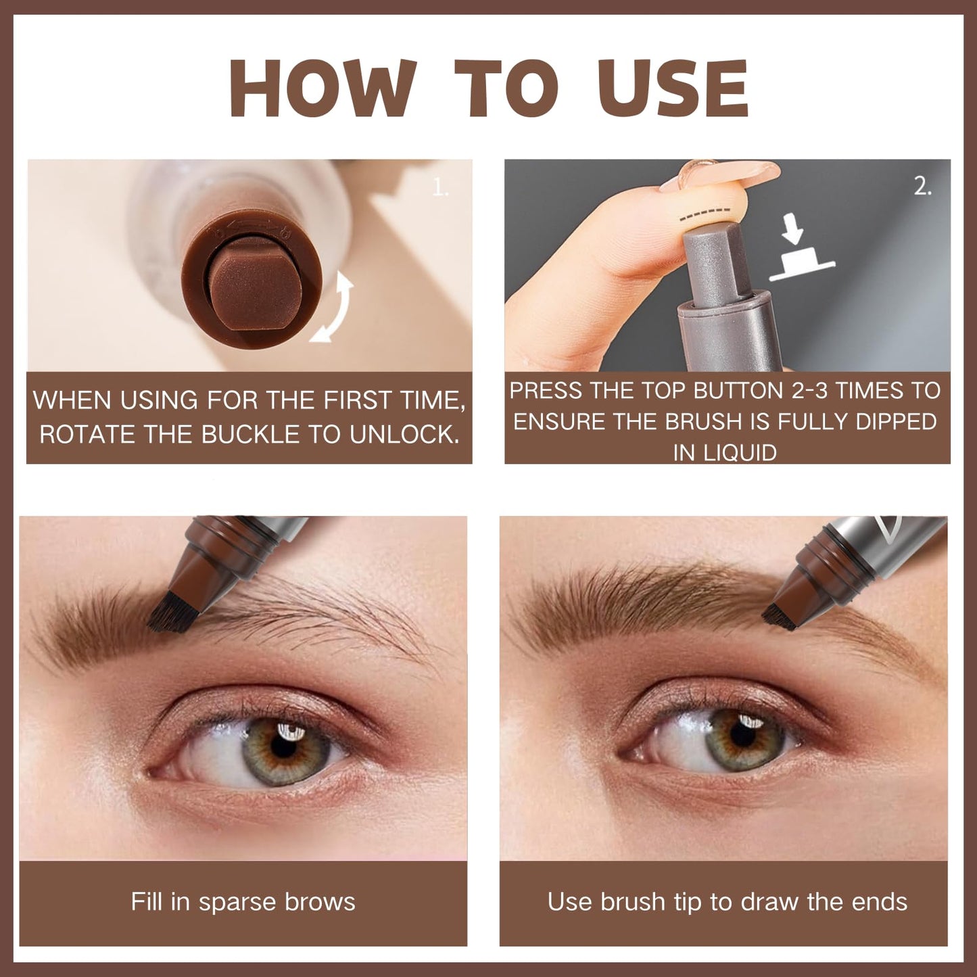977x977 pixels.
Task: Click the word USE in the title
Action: [x=673, y=89]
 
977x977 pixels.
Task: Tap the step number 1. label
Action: [x=440, y=187]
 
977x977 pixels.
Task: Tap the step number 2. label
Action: [x=922, y=186]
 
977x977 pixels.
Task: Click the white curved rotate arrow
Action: [x=335, y=308]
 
